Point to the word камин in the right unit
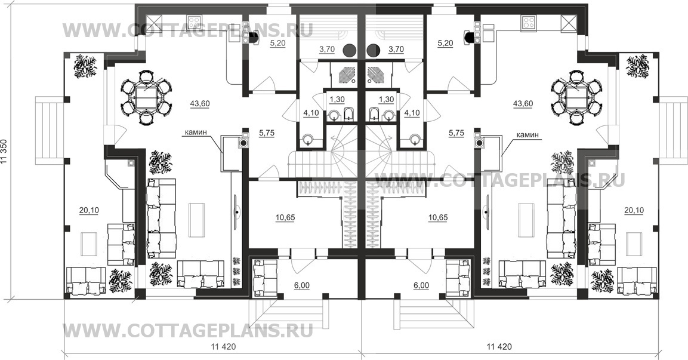[527, 135]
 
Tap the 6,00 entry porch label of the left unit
[301, 286]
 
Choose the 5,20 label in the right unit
[445, 43]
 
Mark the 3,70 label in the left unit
[326, 50]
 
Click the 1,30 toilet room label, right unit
[386, 99]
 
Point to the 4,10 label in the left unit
[311, 112]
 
